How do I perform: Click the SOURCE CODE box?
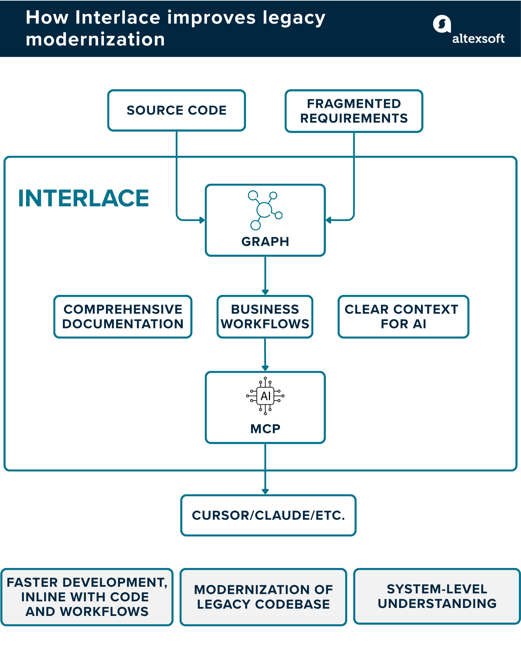[x=176, y=110]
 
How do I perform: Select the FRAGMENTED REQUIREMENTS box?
[x=354, y=111]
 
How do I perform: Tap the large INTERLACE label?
[x=83, y=198]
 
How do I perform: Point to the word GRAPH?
[x=265, y=241]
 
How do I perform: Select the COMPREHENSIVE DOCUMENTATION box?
[x=123, y=316]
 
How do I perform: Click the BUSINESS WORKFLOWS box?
[x=265, y=316]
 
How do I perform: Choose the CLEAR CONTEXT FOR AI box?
[x=403, y=316]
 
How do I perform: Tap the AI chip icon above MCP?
[x=265, y=396]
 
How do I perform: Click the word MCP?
[x=265, y=429]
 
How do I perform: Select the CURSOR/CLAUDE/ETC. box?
[x=268, y=515]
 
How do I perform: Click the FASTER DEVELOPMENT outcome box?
[x=87, y=597]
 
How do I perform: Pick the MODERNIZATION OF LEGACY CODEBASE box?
[x=263, y=597]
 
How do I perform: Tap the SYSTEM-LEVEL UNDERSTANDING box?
[x=437, y=596]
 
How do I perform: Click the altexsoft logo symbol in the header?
[x=441, y=24]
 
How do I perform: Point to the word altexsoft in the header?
[x=478, y=39]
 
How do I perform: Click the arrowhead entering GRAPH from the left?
[x=202, y=220]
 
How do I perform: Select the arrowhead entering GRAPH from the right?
[x=329, y=220]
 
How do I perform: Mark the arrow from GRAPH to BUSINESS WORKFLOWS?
[x=265, y=276]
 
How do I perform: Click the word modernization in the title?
[x=95, y=39]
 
